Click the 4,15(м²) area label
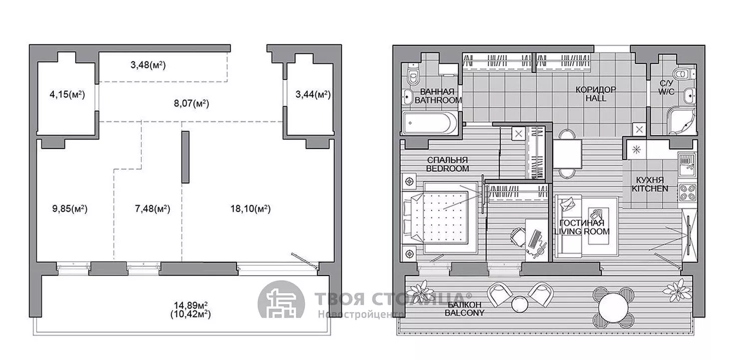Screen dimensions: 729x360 67,95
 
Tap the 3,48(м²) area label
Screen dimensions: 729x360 148,65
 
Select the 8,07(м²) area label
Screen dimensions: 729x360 192,103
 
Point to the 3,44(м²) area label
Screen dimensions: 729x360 313,95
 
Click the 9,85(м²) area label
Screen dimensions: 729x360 70,209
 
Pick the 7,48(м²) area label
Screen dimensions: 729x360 152,209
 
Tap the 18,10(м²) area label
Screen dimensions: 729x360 250,209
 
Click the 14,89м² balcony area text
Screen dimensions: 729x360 191,305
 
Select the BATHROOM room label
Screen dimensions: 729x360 438,100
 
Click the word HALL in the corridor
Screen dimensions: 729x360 596,98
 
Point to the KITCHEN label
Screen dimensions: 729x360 650,189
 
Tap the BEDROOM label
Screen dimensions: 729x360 448,169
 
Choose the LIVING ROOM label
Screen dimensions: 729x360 582,232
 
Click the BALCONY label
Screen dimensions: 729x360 465,313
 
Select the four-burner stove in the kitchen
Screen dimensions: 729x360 687,192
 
